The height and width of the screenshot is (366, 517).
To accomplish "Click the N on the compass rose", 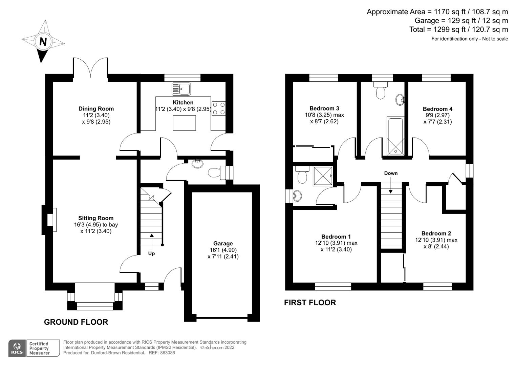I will [x=43, y=42].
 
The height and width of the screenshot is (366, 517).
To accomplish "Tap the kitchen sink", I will [x=181, y=89].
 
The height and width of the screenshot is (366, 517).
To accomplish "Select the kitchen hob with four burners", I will [x=219, y=108].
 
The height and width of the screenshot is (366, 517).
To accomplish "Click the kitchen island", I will [x=184, y=123].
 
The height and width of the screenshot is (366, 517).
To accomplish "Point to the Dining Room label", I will [x=96, y=109].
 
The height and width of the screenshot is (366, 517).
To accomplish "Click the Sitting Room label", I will [x=96, y=218].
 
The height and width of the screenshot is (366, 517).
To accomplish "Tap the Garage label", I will [x=223, y=243].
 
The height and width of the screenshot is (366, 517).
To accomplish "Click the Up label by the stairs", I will [x=151, y=253].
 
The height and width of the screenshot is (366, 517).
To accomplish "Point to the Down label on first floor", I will [x=391, y=173].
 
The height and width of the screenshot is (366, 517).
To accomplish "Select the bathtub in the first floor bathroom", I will [x=395, y=136].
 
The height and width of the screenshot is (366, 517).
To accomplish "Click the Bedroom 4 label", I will [x=437, y=109].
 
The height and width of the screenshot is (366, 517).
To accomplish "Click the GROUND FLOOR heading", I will [x=76, y=322].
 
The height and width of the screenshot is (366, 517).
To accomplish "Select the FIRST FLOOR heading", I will [x=310, y=303].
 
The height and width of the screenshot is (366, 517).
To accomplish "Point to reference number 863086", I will [x=167, y=353].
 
